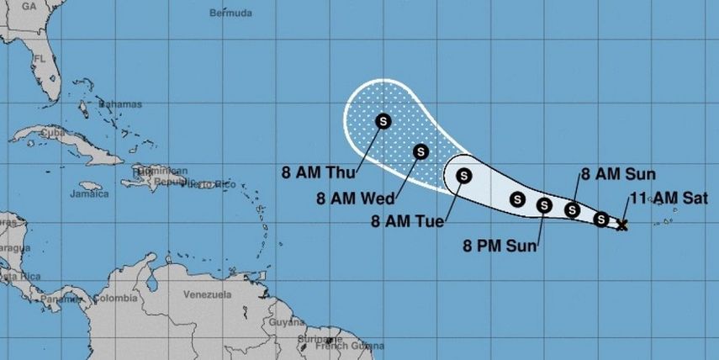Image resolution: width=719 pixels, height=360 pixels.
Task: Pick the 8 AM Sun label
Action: [613, 175]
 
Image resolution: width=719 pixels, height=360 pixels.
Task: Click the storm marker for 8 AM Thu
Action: [383, 120]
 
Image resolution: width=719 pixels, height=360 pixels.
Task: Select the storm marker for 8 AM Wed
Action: [420, 151]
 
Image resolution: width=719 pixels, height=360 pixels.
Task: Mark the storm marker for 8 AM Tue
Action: [463, 176]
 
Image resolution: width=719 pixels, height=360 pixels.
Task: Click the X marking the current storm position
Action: [622, 225]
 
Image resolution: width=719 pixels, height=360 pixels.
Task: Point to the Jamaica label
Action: [91, 194]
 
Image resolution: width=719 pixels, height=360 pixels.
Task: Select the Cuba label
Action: [52, 132]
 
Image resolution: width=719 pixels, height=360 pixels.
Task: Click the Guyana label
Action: [284, 322]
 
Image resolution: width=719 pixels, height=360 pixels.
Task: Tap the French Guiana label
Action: [343, 346]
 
